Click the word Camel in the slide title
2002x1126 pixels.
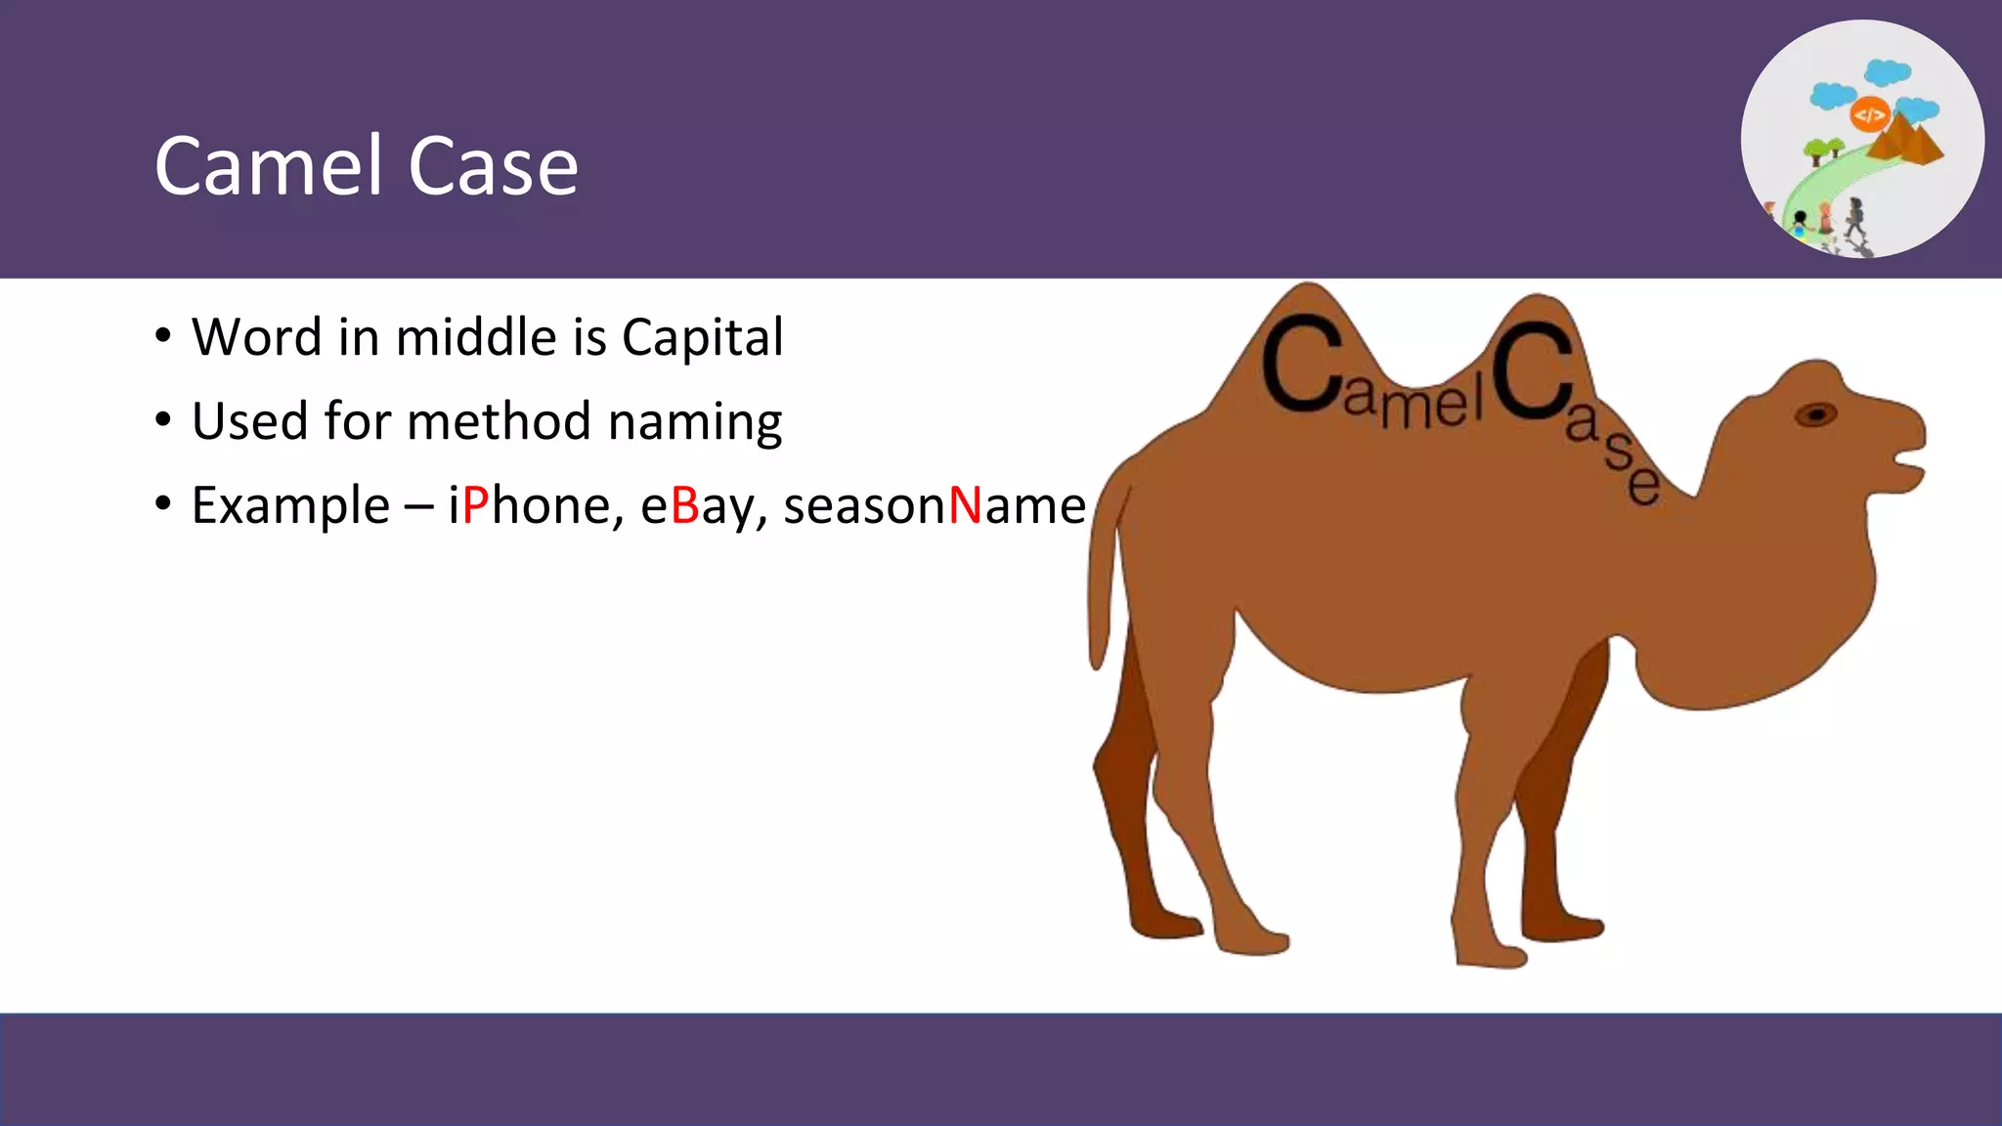coord(269,166)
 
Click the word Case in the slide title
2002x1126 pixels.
coord(493,166)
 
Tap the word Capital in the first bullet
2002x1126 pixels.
coord(702,338)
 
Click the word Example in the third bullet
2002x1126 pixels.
coord(290,507)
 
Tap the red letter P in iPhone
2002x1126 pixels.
coord(475,505)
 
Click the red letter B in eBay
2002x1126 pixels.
coord(685,505)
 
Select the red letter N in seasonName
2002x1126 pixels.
coord(965,505)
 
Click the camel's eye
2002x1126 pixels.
coord(1815,414)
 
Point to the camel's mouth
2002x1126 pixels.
coord(1906,457)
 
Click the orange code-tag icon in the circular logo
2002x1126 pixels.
coord(1869,115)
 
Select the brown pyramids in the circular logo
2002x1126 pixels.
coord(1906,142)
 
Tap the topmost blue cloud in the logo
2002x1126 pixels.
coord(1887,72)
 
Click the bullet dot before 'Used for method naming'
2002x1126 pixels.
coord(163,421)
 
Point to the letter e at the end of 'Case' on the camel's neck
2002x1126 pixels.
coord(1644,484)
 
